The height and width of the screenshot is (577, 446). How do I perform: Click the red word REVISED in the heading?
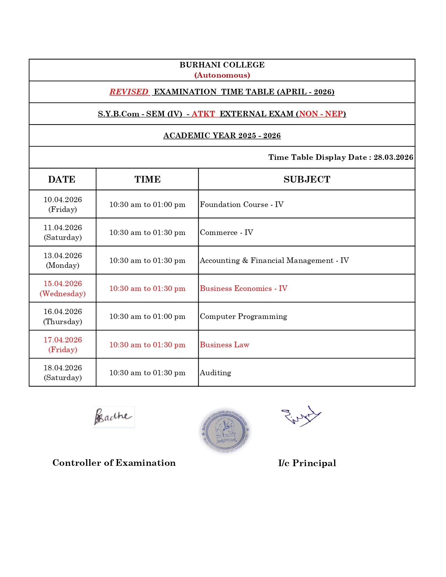click(x=129, y=92)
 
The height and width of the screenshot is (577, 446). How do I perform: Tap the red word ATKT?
click(x=203, y=114)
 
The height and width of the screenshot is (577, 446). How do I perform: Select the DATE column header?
click(x=62, y=179)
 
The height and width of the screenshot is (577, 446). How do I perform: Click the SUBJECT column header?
click(x=307, y=179)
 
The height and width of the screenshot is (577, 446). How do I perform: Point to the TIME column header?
click(x=147, y=179)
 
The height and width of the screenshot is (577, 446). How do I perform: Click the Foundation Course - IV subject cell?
click(x=242, y=205)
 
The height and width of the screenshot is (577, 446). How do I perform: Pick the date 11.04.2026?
click(x=63, y=228)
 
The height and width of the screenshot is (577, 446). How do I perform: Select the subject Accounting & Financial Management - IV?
click(x=274, y=261)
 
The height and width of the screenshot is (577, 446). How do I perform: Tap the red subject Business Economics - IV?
click(x=243, y=288)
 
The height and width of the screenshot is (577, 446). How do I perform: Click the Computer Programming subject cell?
click(x=243, y=316)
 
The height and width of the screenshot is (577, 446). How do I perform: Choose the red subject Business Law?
click(x=225, y=345)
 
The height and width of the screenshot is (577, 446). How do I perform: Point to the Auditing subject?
click(x=215, y=373)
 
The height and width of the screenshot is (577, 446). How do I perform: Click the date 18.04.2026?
click(x=63, y=368)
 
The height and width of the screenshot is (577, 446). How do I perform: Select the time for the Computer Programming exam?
click(x=147, y=316)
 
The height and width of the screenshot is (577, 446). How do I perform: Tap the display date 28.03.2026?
click(x=393, y=157)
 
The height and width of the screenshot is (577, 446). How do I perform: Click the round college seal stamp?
click(x=225, y=430)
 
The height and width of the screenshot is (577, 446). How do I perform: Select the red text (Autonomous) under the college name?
click(x=222, y=75)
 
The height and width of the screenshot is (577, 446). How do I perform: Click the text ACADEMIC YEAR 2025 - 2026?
click(x=222, y=136)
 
